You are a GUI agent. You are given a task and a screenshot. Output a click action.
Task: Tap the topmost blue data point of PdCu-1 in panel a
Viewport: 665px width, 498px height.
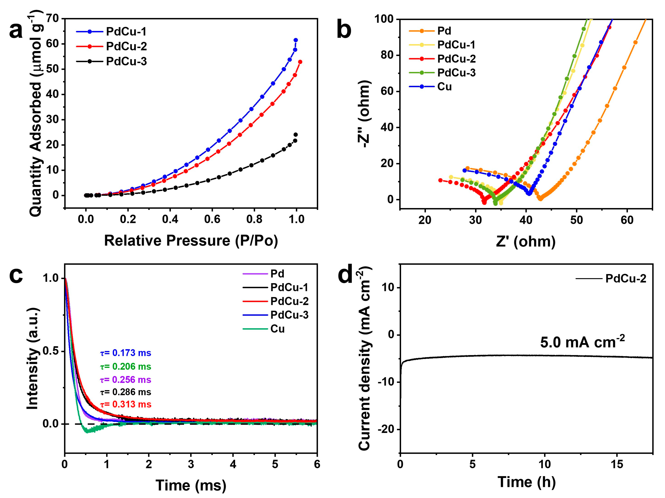coord(296,40)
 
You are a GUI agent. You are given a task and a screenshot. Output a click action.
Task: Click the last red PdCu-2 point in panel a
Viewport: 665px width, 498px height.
coord(300,62)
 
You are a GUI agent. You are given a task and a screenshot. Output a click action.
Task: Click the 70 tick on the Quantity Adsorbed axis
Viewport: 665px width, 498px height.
coord(53,19)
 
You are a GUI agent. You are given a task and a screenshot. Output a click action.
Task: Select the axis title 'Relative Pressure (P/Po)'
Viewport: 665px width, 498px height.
coord(191,241)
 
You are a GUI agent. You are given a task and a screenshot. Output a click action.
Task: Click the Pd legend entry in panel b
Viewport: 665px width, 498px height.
coord(444,31)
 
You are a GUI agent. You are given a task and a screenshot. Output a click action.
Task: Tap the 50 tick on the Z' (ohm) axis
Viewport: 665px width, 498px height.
coord(576,220)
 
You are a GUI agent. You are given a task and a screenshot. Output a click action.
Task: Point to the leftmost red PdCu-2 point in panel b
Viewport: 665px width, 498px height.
coord(440,180)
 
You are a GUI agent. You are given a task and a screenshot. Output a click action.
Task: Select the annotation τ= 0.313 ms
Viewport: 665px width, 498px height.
coord(126,404)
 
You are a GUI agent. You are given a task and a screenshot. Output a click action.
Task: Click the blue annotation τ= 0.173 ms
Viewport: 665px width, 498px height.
coord(126,353)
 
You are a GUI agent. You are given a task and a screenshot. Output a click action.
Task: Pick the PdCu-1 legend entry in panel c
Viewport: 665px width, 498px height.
coord(289,287)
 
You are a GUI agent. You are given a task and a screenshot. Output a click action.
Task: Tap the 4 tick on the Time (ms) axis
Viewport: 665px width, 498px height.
coord(233,464)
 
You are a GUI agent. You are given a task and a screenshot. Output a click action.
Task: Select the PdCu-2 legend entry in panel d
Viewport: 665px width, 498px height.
coord(625,278)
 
